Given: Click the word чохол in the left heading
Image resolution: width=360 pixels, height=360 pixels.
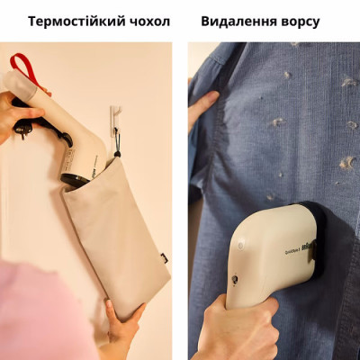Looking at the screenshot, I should [x=148, y=21].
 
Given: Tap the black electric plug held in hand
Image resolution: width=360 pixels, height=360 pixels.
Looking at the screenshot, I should [x=22, y=127].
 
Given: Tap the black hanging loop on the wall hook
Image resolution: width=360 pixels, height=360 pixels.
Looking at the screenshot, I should [x=116, y=135].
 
